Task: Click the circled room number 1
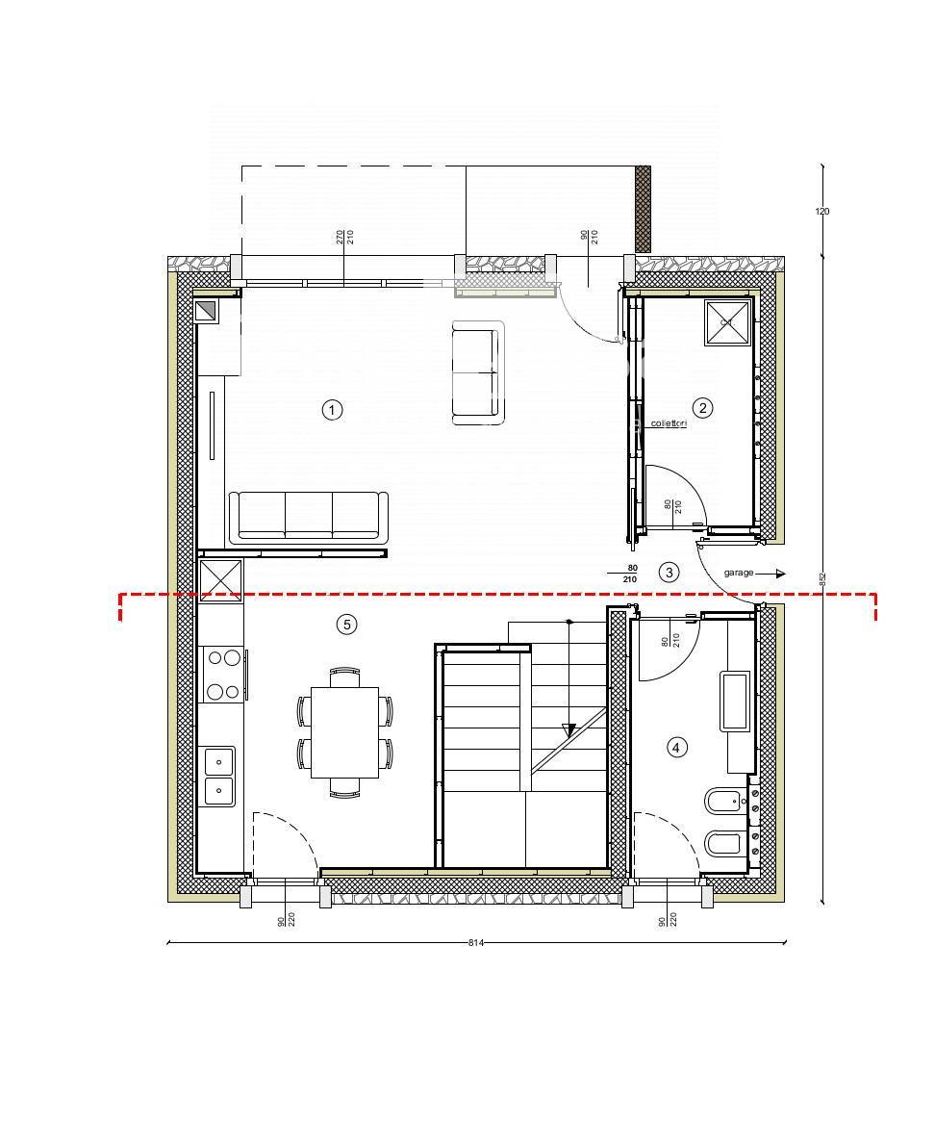click(x=332, y=410)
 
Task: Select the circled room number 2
click(x=703, y=408)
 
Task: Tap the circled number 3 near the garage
click(x=669, y=573)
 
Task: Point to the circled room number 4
click(x=677, y=747)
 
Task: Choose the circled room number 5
click(x=346, y=625)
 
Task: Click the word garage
click(x=739, y=573)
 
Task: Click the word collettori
click(x=669, y=423)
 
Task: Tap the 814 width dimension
click(x=475, y=943)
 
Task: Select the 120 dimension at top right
click(x=821, y=212)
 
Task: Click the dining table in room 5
click(x=344, y=732)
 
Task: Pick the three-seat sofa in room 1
click(x=308, y=517)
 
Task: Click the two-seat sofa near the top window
click(x=477, y=372)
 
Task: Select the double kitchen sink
click(x=219, y=776)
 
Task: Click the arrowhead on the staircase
click(x=569, y=730)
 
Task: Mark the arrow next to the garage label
click(x=778, y=574)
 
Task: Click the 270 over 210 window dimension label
click(x=345, y=237)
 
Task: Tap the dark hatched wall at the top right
click(x=643, y=209)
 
